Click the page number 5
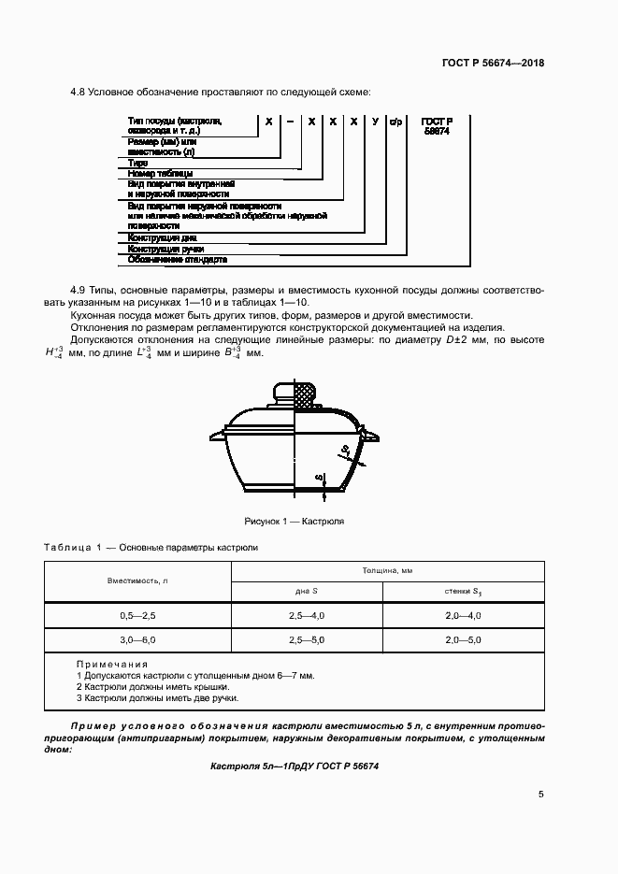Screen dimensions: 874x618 tap(541, 795)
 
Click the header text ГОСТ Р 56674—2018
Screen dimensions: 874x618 tap(493, 64)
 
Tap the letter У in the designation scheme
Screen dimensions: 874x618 tap(374, 122)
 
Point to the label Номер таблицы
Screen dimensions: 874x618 tap(161, 173)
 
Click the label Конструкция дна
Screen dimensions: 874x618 tap(163, 237)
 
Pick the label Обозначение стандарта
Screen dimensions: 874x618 tap(177, 259)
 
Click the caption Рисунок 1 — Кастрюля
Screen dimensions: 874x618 tap(295, 521)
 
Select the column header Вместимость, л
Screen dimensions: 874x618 tap(137, 580)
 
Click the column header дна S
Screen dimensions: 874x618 tap(307, 591)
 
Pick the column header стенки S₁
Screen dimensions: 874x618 tap(463, 591)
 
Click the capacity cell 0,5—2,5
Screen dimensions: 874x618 tap(137, 615)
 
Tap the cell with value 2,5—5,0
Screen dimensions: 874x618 tap(307, 640)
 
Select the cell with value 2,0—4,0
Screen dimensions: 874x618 tap(463, 615)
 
